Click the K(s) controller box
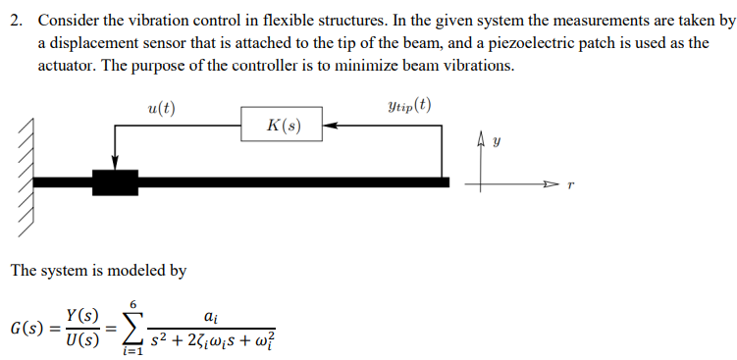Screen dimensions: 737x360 pos(284,126)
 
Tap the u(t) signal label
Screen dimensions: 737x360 pos(161,108)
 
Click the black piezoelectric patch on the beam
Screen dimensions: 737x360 pos(116,181)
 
